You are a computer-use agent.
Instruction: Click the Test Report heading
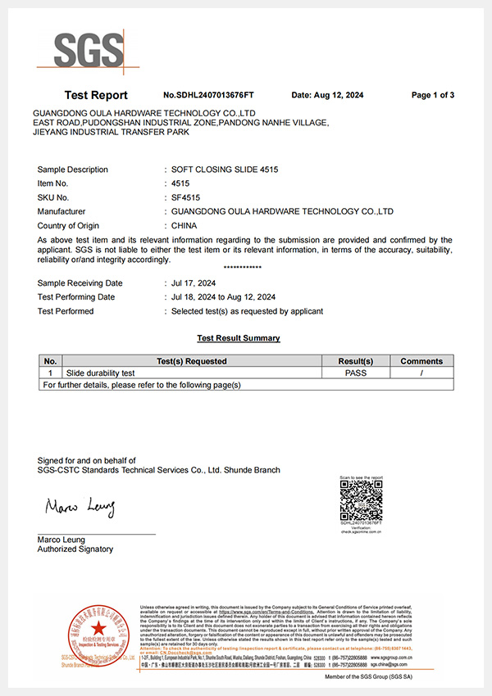tap(96, 95)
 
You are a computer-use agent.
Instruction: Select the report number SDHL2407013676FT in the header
tap(209, 95)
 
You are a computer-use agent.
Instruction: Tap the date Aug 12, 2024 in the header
tap(327, 95)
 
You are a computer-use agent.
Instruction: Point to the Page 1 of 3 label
tap(433, 95)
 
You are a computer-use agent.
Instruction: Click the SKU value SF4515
tap(185, 197)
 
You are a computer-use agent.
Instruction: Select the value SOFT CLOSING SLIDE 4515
tap(224, 169)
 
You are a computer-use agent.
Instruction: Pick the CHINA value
tap(188, 225)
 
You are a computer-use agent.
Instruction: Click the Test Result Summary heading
tap(239, 338)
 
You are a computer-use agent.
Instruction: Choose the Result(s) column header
tap(356, 361)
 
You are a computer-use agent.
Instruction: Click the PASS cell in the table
tap(356, 373)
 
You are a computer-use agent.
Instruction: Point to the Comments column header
tap(421, 361)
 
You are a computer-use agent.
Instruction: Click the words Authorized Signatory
tap(75, 549)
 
